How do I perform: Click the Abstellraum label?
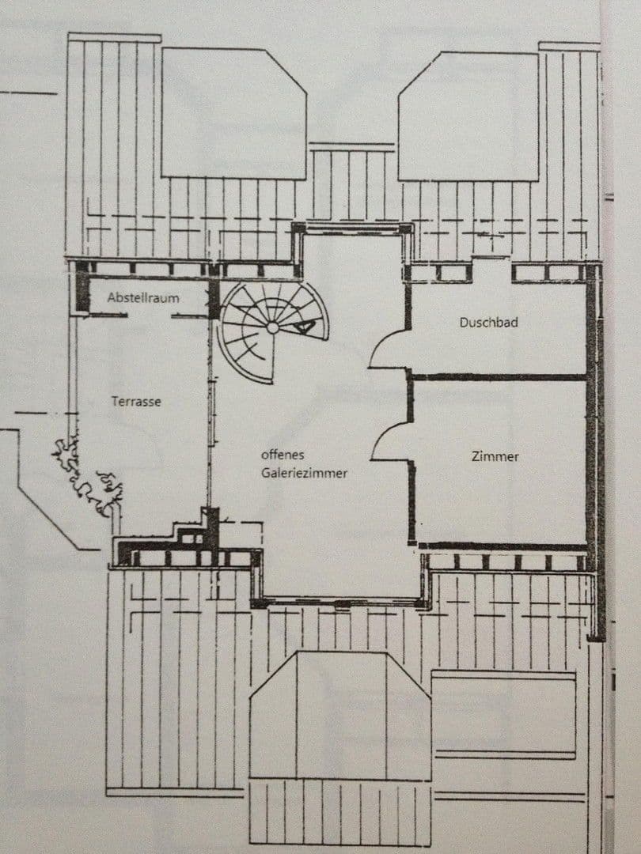(x=143, y=298)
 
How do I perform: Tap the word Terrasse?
(x=136, y=402)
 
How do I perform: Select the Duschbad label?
(x=488, y=323)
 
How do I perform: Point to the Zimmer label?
(x=495, y=456)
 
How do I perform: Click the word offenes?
(x=283, y=455)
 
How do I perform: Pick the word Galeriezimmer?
(x=304, y=472)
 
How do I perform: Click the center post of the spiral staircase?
(x=272, y=327)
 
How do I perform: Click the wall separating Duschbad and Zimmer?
(x=499, y=377)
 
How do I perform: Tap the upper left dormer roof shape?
(x=233, y=113)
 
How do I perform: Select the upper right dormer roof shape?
(x=468, y=116)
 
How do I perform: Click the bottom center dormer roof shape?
(x=340, y=716)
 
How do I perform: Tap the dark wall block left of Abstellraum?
(x=82, y=292)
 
